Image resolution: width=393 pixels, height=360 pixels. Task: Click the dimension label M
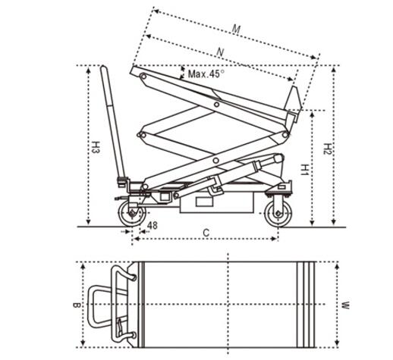click(x=236, y=30)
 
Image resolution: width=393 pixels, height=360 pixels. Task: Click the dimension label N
click(x=221, y=52)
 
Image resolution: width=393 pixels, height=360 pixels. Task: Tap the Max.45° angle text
click(x=206, y=74)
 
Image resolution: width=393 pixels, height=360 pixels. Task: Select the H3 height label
click(x=96, y=147)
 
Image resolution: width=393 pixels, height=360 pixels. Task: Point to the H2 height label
click(x=328, y=149)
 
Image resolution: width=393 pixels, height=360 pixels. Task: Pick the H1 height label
click(x=305, y=170)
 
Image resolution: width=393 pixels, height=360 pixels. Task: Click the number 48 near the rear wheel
click(x=152, y=225)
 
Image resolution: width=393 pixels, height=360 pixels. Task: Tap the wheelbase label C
click(x=206, y=233)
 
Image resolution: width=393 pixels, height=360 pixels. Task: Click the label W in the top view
click(x=345, y=305)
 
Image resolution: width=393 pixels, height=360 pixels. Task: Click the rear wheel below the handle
click(x=132, y=214)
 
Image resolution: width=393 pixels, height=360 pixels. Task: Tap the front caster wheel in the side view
click(x=278, y=214)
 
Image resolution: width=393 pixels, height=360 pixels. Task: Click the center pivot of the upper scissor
click(x=216, y=104)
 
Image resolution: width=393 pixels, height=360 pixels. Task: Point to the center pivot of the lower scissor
click(x=215, y=160)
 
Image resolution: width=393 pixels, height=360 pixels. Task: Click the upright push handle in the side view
click(x=113, y=123)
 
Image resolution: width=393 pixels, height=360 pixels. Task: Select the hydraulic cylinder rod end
click(x=278, y=158)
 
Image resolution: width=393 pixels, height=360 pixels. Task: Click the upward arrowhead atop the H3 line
click(x=88, y=70)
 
